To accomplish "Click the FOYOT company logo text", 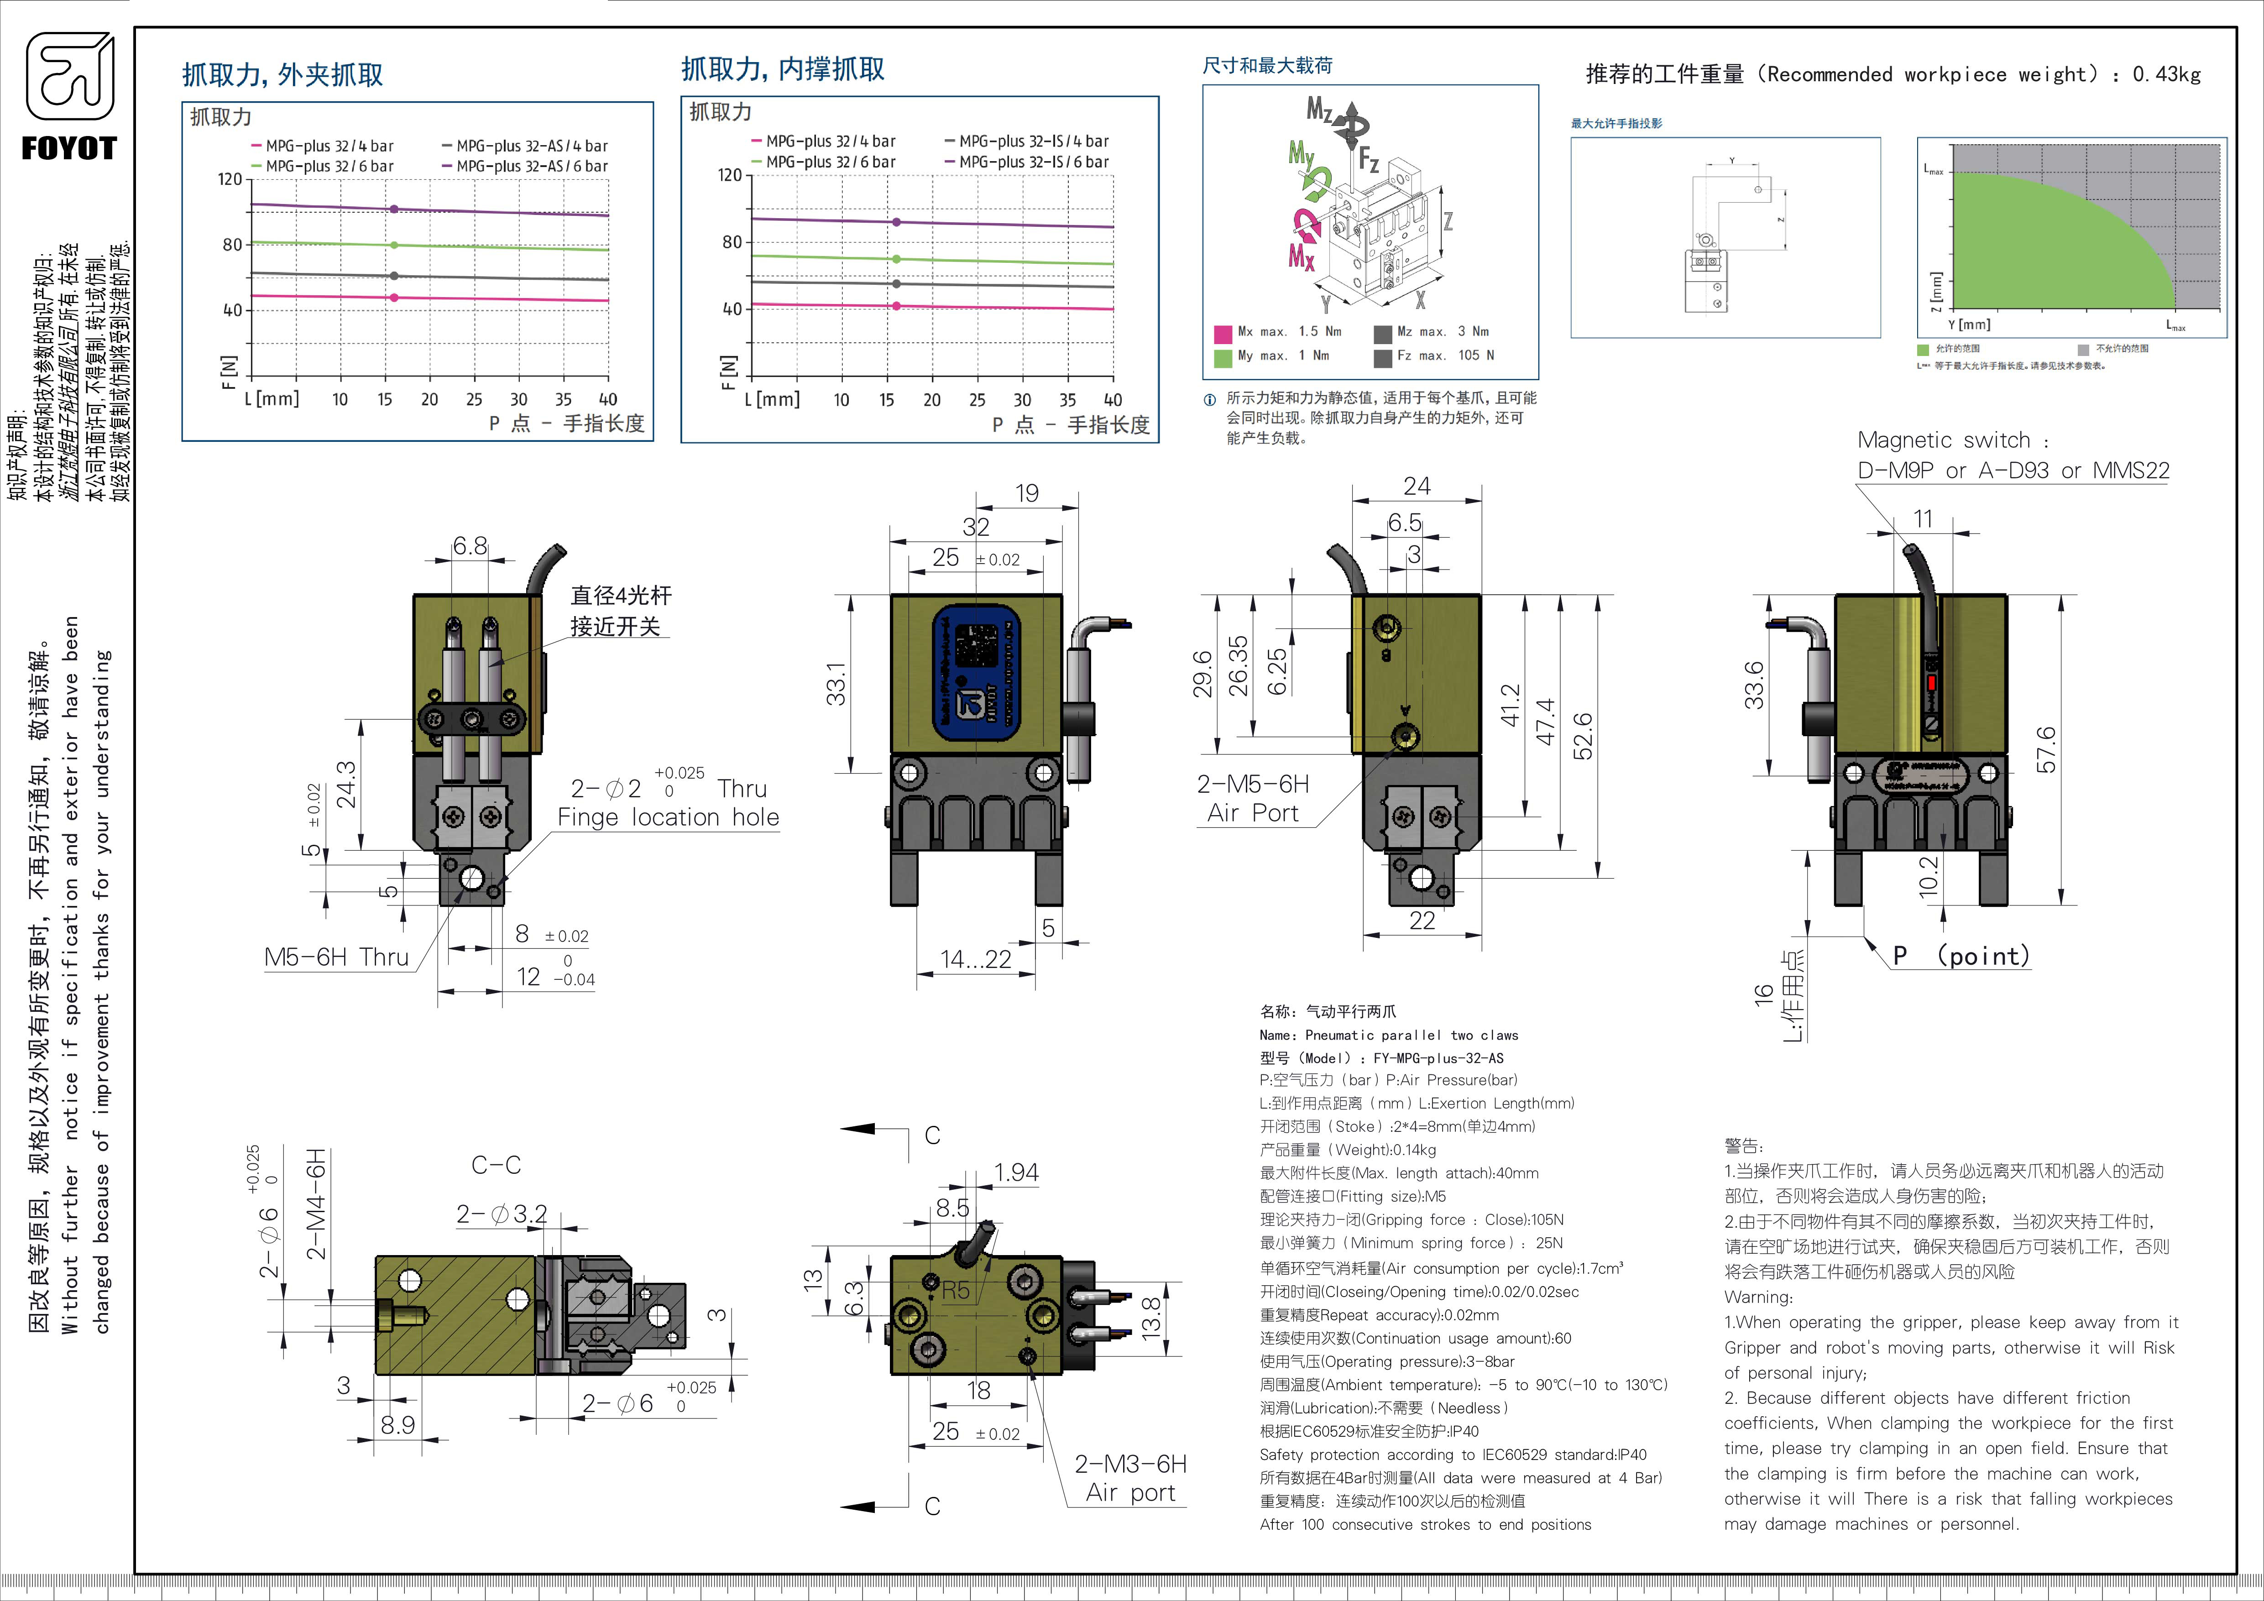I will pyautogui.click(x=69, y=149).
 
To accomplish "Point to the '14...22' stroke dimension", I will pyautogui.click(x=975, y=959).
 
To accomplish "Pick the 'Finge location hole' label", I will pyautogui.click(x=668, y=817).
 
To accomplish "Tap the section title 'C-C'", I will pyautogui.click(x=496, y=1165).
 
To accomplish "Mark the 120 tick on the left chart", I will pyautogui.click(x=230, y=179).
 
